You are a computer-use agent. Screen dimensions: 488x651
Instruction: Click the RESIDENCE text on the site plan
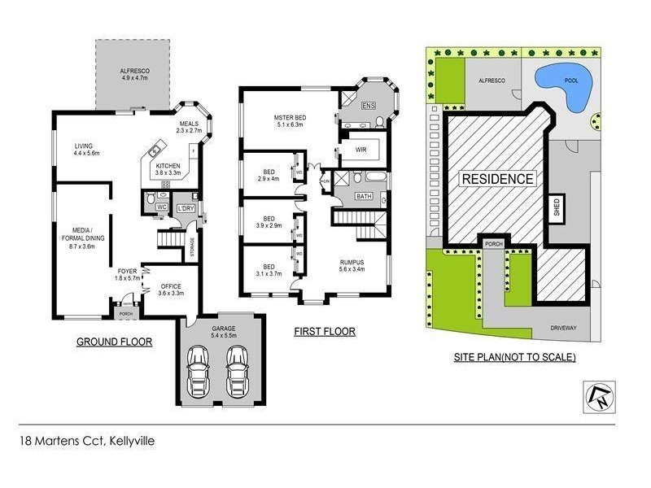click(497, 179)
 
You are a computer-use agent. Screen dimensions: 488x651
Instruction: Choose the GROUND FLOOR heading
click(114, 342)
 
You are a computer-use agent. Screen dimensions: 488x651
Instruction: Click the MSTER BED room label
click(289, 117)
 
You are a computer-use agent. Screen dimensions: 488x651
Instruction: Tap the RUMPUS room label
click(352, 262)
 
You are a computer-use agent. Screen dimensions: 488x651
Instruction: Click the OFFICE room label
click(171, 286)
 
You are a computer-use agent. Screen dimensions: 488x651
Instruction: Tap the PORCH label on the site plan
click(493, 244)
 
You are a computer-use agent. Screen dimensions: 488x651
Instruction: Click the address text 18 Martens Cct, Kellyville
click(87, 442)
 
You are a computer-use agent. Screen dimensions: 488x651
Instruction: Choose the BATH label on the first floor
click(363, 196)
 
